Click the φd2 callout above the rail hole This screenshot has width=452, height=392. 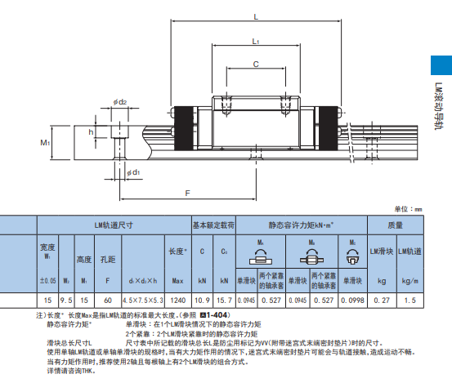click(x=121, y=102)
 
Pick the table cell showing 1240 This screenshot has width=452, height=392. click(x=177, y=301)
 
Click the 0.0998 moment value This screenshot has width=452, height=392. click(x=352, y=301)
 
